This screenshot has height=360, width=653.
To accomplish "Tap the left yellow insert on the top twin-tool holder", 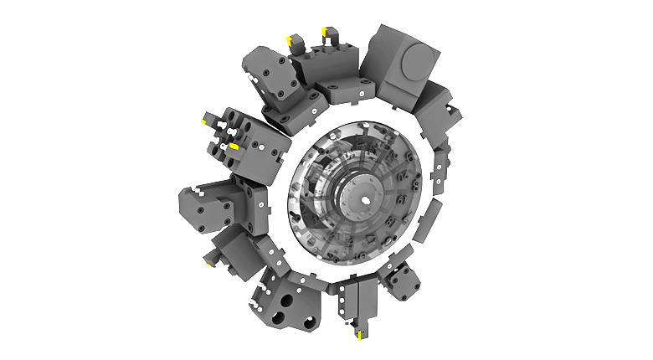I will click(288, 39).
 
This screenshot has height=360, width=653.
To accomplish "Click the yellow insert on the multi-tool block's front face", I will click(234, 146).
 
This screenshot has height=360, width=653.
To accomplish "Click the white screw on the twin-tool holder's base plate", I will click(355, 95).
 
